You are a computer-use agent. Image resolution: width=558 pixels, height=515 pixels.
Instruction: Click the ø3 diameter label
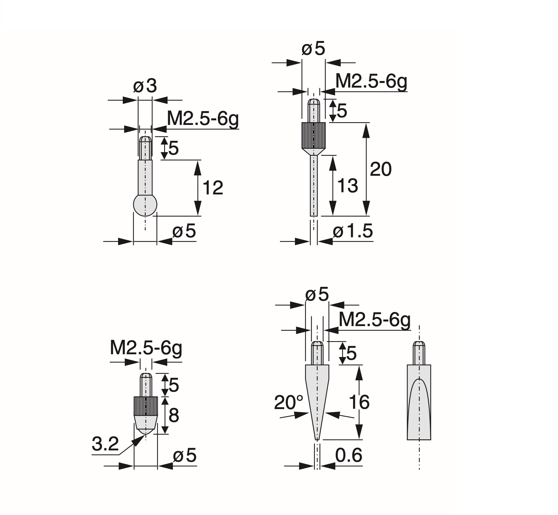tap(145, 86)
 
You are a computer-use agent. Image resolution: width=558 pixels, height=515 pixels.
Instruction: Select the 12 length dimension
tap(213, 188)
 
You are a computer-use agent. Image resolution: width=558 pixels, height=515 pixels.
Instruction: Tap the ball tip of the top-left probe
tap(145, 205)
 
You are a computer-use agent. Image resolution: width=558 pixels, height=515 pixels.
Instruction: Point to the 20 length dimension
tap(381, 169)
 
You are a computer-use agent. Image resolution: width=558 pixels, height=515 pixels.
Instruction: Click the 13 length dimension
tap(348, 186)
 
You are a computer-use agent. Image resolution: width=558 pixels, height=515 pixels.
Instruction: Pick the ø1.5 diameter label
tap(353, 231)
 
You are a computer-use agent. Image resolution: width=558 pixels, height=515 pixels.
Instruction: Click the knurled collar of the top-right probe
tap(314, 135)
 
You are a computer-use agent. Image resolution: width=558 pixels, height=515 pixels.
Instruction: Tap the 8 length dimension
tap(174, 415)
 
